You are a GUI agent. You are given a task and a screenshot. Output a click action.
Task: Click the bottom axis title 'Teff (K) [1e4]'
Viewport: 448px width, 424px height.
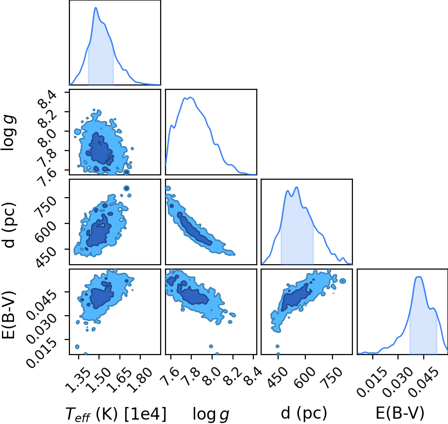coord(116,414)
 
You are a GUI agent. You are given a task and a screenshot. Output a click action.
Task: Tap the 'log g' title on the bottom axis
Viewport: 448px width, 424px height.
coord(211,414)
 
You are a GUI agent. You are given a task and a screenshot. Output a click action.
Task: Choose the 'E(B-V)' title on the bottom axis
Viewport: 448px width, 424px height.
coord(400,413)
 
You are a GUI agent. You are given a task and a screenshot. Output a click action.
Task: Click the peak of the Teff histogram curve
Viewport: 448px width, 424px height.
coord(96,7)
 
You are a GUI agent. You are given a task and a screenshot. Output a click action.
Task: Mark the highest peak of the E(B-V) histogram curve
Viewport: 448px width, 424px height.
coord(419,276)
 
